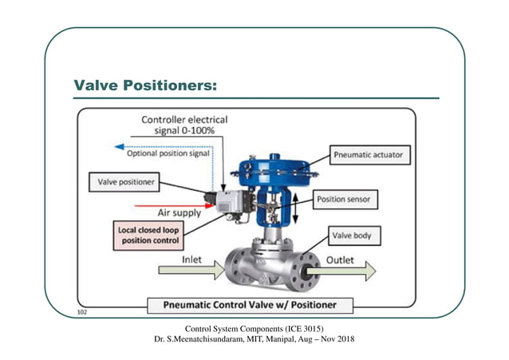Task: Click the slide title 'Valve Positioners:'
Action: tap(145, 85)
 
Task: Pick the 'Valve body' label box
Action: tap(356, 236)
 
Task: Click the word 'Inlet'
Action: tap(197, 259)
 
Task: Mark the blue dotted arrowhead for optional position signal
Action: tap(119, 147)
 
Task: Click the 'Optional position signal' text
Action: tap(168, 153)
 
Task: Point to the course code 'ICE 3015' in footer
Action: tap(302, 329)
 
